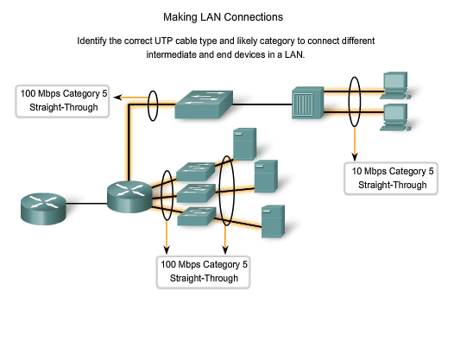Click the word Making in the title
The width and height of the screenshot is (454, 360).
pos(181,16)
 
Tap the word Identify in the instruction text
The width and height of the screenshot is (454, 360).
pos(95,41)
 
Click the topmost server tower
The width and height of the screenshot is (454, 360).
pos(246,144)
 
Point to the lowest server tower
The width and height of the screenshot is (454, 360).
pos(274,222)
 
